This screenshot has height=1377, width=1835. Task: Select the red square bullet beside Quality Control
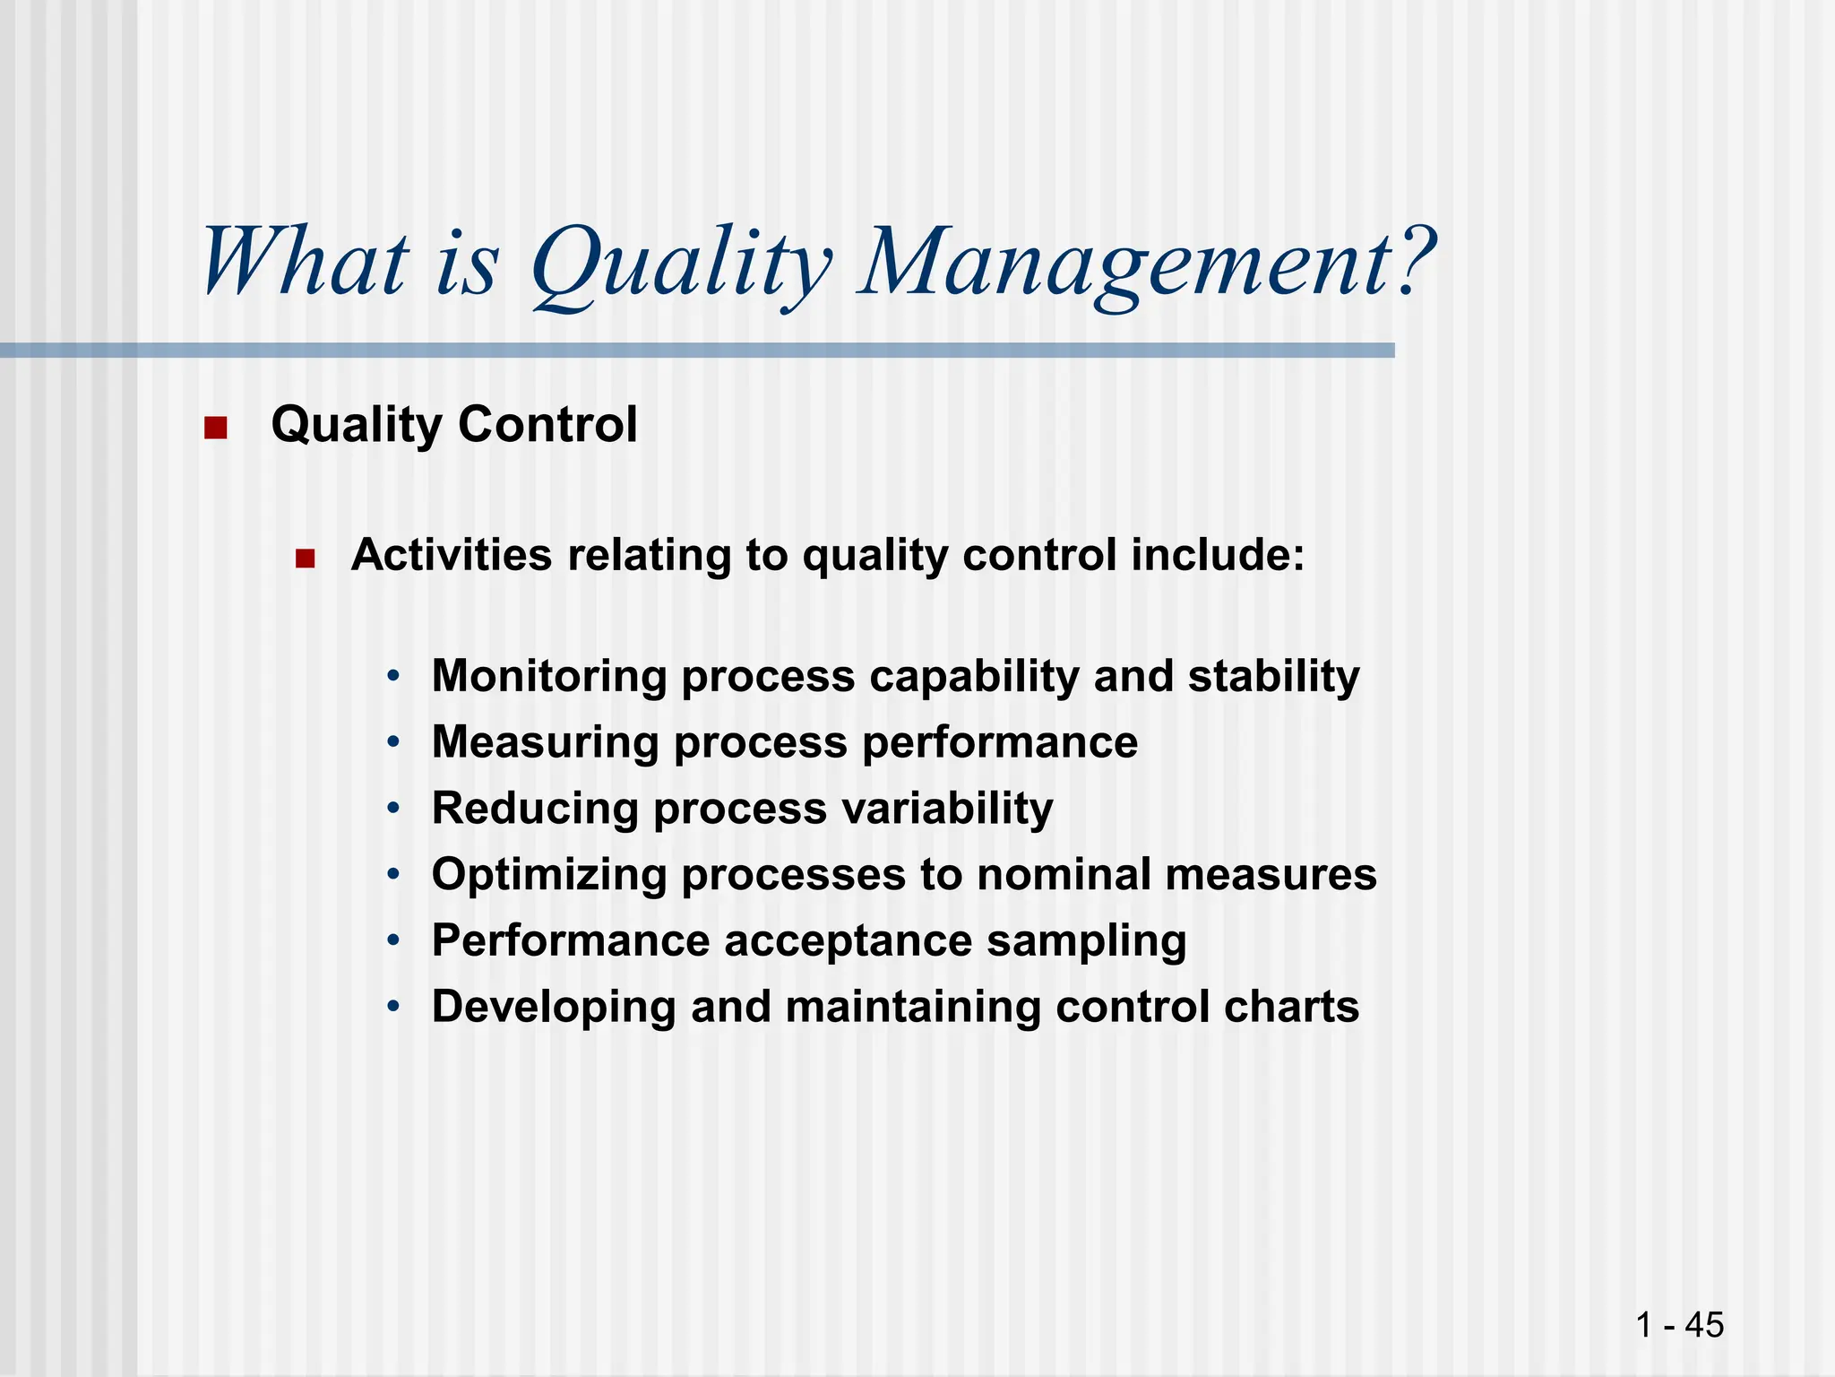pos(215,428)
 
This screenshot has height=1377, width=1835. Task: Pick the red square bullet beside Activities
pos(306,559)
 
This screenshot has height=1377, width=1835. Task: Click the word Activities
pos(452,555)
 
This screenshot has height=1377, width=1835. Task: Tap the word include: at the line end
pos(1218,555)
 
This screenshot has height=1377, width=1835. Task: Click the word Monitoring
pos(549,676)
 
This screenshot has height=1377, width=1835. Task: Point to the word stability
pos(1273,676)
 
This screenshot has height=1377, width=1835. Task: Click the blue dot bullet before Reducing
pos(393,809)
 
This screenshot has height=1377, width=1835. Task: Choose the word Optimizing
pos(549,875)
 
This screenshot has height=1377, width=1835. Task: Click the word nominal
pos(1064,874)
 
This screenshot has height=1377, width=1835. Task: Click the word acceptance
pos(848,941)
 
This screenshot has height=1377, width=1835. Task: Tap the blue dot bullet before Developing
pos(393,1007)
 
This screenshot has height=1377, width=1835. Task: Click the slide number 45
pos(1703,1324)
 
